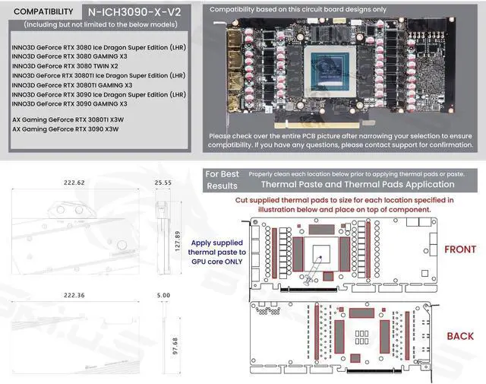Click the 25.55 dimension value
163,183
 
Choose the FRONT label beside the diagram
459,249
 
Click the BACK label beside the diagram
459,336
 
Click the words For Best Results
222,179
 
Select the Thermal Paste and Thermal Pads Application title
357,184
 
